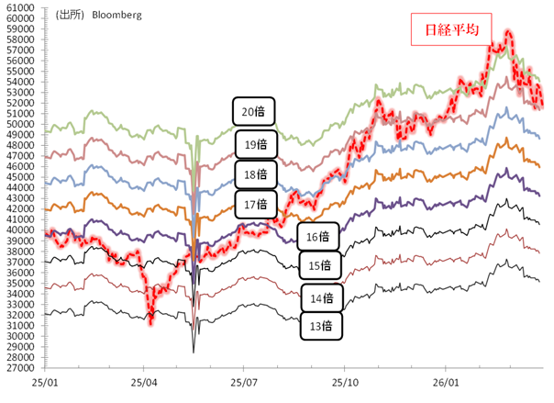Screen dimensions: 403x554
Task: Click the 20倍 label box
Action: click(x=254, y=112)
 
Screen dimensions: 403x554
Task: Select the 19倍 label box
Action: click(x=254, y=144)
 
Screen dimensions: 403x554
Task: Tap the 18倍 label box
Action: click(x=254, y=174)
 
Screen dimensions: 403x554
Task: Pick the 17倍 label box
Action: click(x=254, y=204)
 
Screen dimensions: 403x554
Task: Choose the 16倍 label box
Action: click(x=318, y=236)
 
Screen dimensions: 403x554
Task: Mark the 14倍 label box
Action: click(x=321, y=297)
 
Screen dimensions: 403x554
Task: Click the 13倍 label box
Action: click(x=321, y=325)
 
